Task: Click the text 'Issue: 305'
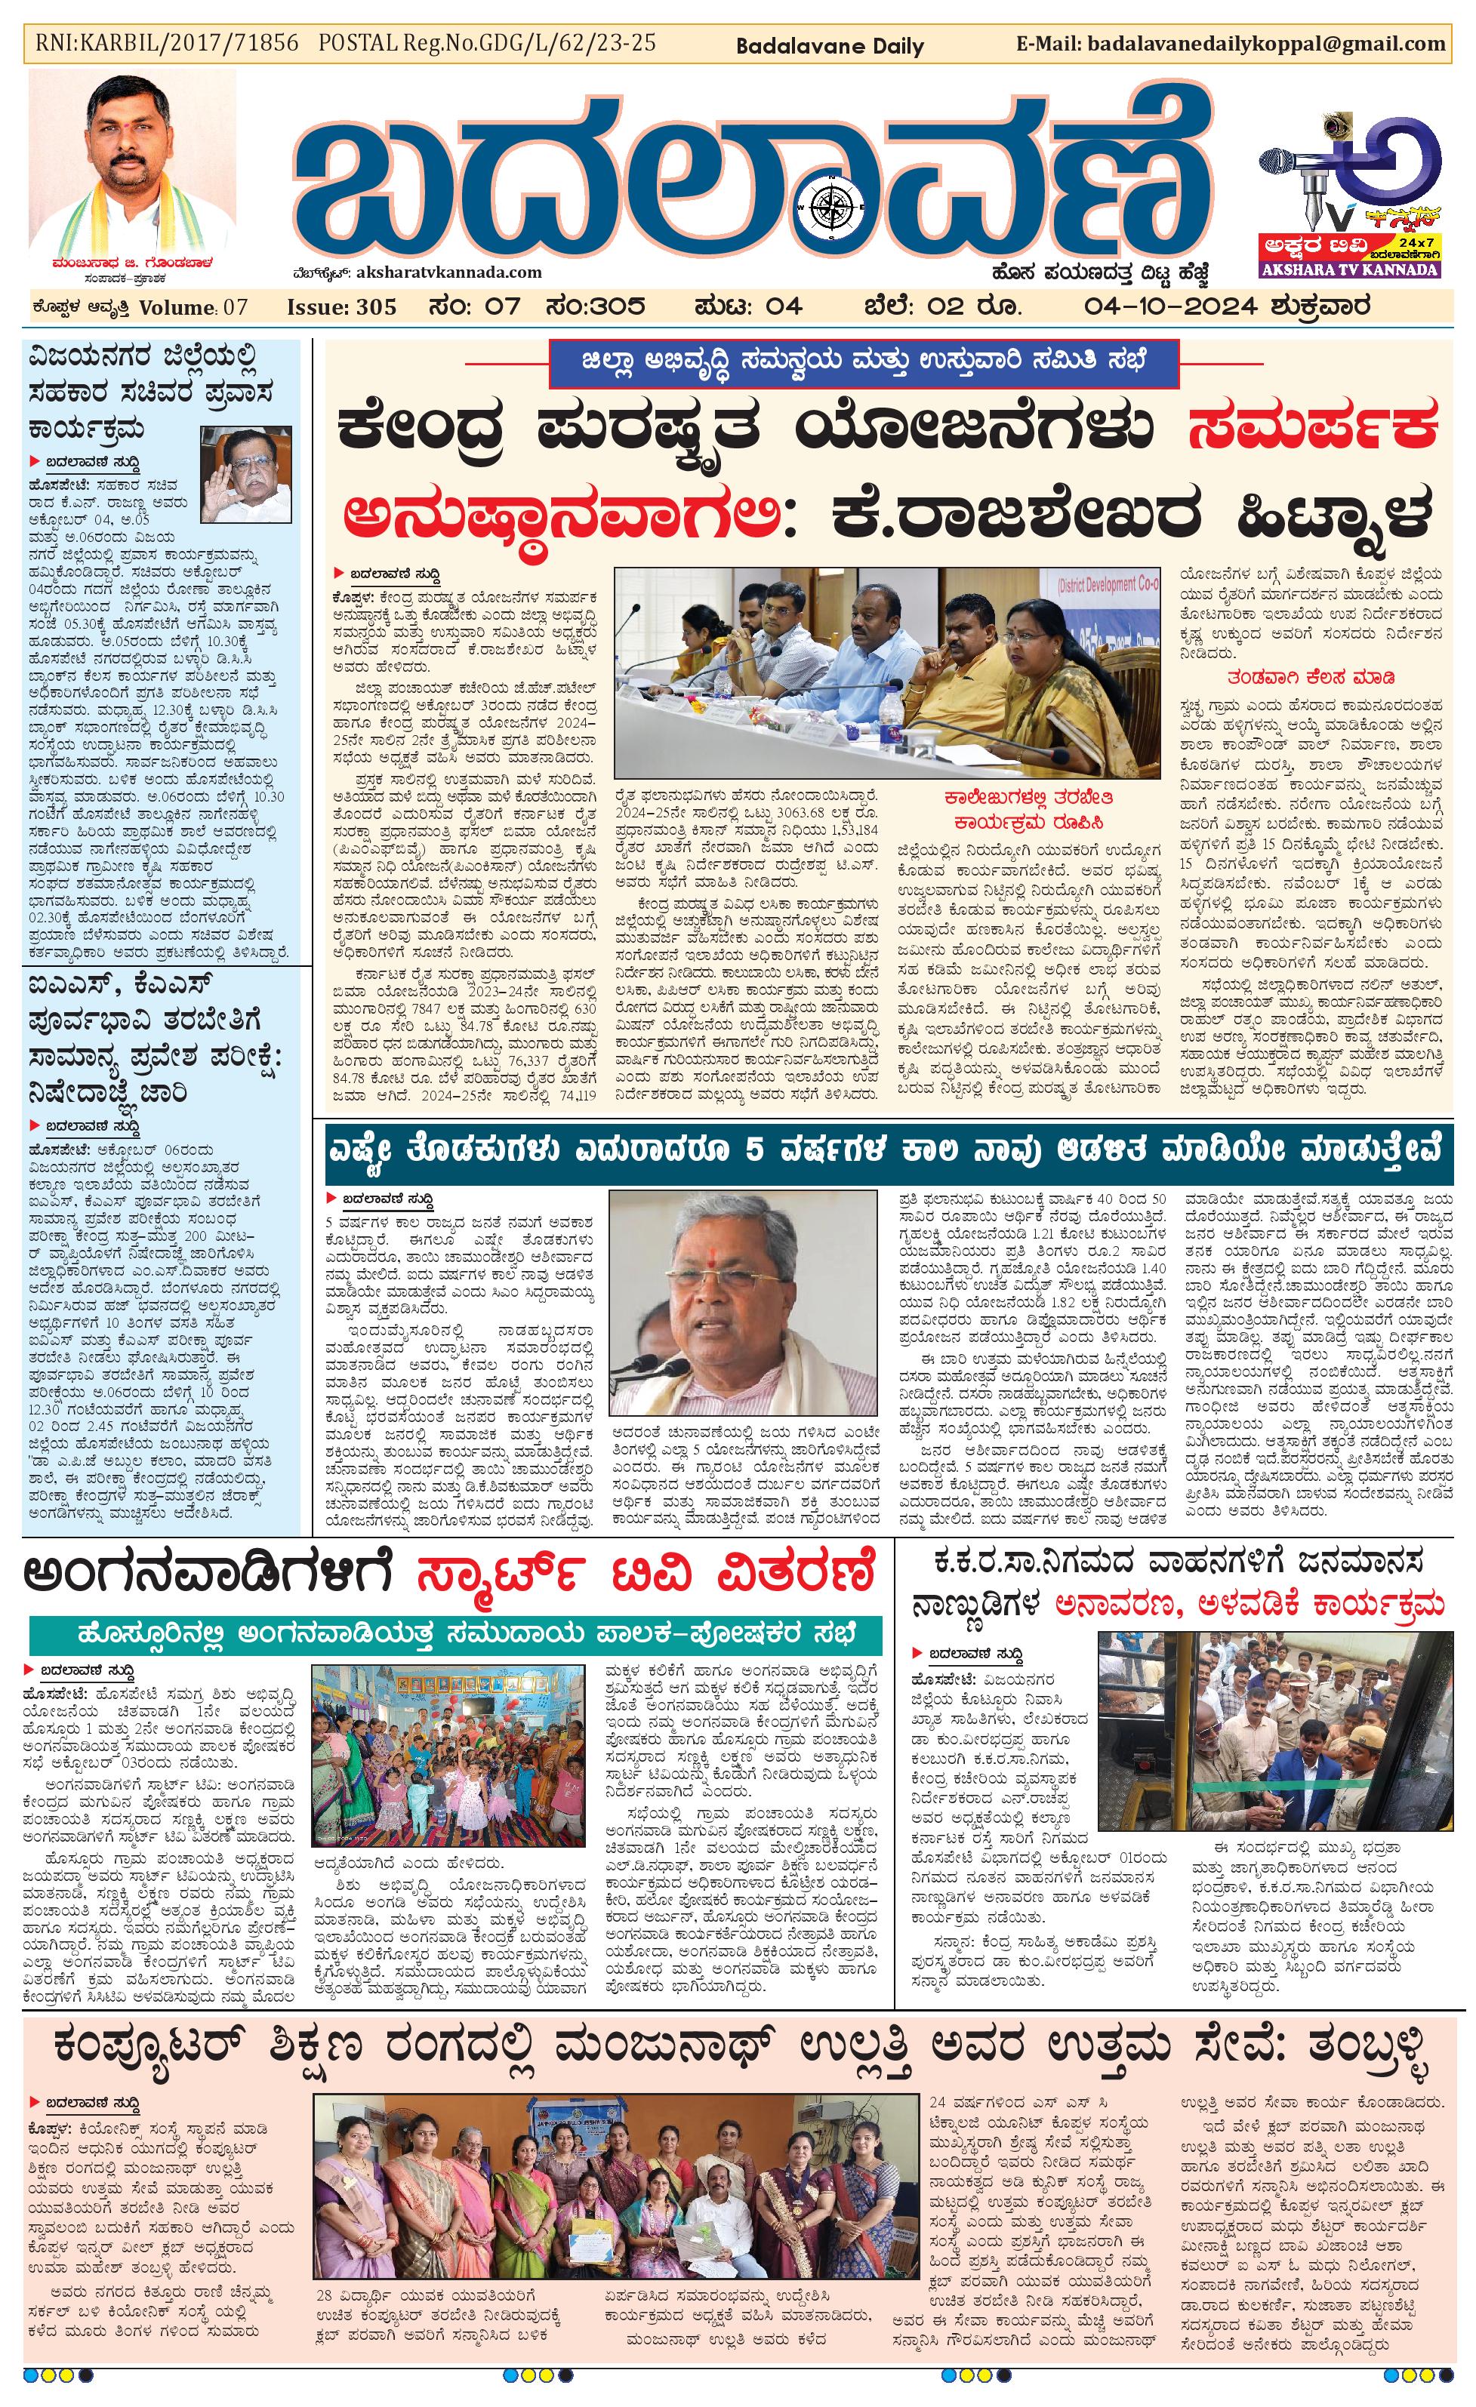click(x=341, y=306)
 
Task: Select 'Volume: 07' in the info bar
click(x=193, y=306)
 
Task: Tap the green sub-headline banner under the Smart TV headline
click(x=455, y=1634)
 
